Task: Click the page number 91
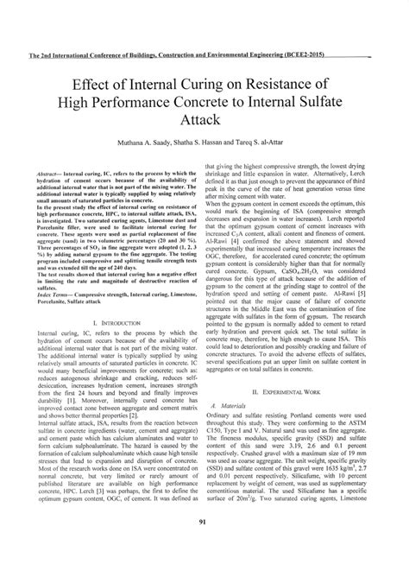pos(204,543)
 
